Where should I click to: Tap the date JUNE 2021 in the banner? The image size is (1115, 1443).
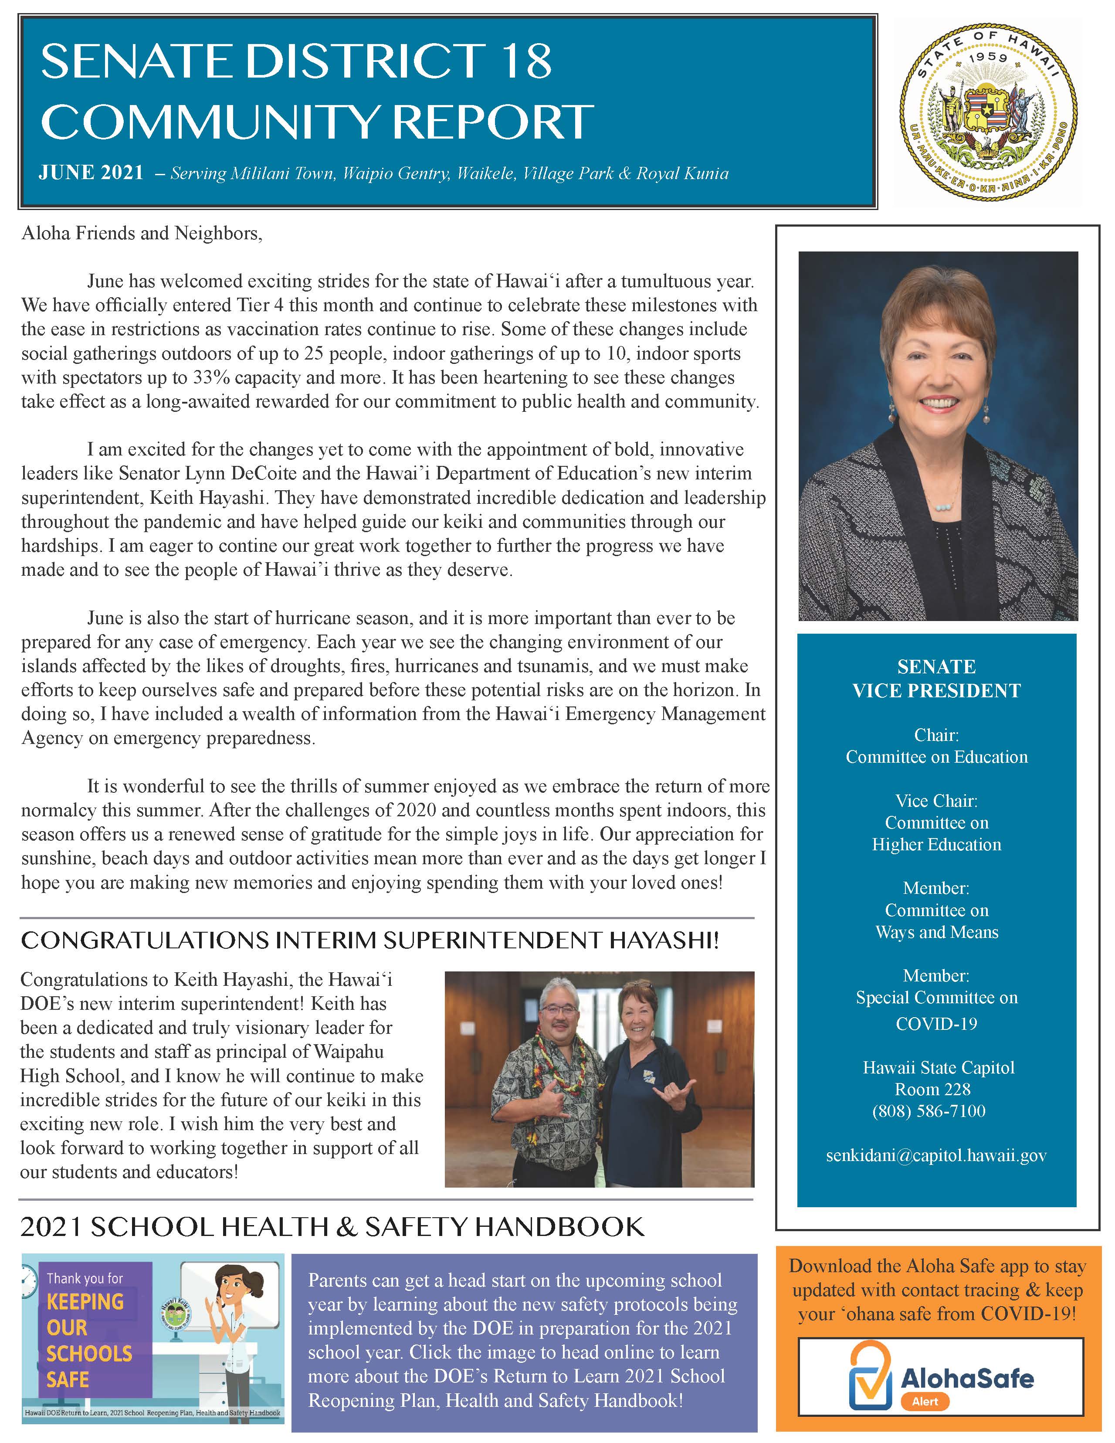91,173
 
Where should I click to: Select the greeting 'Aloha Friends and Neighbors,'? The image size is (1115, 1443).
142,233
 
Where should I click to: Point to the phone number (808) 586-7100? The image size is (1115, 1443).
929,1110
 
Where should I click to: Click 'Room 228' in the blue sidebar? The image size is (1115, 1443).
932,1089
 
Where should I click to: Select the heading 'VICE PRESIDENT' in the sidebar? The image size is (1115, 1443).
936,691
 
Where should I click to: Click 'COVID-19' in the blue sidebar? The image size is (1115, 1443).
936,1023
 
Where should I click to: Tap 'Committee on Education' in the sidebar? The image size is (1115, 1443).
936,757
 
